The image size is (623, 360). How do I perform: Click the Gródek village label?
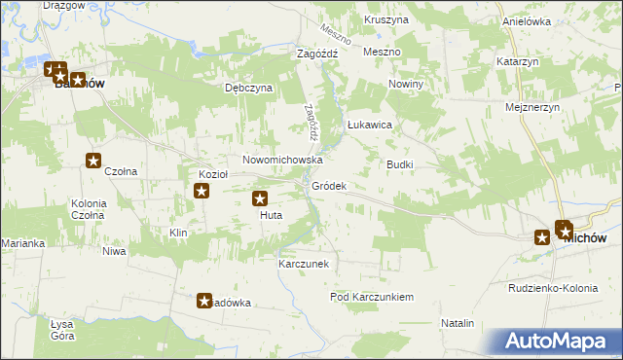(x=329, y=186)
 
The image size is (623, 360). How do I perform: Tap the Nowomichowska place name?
(x=282, y=160)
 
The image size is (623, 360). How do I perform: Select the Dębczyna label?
(x=249, y=88)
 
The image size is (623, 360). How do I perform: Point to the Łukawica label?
(x=370, y=126)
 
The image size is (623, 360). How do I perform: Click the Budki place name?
(x=400, y=164)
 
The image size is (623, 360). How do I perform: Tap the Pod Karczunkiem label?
(x=373, y=297)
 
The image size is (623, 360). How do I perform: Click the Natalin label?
(x=458, y=323)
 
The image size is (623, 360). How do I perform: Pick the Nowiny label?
(x=406, y=85)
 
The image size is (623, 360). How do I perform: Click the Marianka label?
(x=23, y=243)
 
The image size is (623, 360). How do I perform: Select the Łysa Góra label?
(x=62, y=330)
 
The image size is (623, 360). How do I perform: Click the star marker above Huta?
(x=261, y=199)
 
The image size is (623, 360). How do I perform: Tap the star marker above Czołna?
(x=93, y=162)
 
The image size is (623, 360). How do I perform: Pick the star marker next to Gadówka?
(x=205, y=302)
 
